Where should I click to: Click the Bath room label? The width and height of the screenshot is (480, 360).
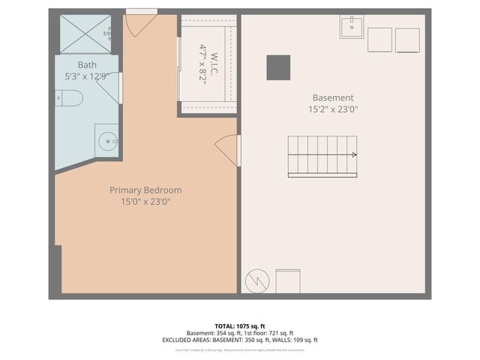87,64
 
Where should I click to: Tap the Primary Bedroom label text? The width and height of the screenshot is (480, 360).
145,190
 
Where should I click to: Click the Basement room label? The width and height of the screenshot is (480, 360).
333,97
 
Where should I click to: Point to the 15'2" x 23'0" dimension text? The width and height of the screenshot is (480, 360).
333,109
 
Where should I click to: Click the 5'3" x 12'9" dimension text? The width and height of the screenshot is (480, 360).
87,76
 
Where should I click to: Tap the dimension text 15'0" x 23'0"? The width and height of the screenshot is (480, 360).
145,201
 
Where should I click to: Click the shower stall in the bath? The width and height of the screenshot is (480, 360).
85,34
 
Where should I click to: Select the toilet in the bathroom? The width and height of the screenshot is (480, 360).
70,98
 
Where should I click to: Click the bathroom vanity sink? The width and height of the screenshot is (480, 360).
106,139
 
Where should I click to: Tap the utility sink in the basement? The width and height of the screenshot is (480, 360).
352,28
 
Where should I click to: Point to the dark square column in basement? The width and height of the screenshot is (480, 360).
277,67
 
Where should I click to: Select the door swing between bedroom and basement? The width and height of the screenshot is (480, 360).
227,150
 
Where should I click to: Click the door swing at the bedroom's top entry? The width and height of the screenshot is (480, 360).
140,24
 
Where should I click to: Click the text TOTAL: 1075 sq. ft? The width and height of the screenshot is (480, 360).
239,326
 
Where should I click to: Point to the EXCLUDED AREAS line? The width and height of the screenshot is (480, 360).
239,340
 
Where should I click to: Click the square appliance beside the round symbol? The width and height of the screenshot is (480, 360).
289,281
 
